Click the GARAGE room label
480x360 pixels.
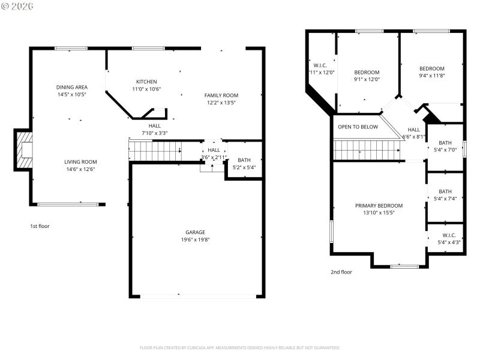(x=195, y=232)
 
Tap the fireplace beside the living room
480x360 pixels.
(x=24, y=150)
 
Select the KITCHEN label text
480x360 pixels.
(x=146, y=82)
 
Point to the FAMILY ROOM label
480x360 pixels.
(x=221, y=95)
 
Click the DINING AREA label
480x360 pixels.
(x=72, y=87)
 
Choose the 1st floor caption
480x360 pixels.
(x=40, y=226)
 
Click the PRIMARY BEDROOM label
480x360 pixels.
(x=379, y=205)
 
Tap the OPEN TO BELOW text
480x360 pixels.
(x=358, y=127)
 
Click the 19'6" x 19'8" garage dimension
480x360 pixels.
(x=195, y=239)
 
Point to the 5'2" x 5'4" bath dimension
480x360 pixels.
(x=244, y=167)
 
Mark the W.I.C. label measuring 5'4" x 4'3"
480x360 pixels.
(x=449, y=235)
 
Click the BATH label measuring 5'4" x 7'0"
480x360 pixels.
(x=445, y=142)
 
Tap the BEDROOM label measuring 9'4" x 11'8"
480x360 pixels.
(x=432, y=68)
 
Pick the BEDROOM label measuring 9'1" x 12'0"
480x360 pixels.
(x=367, y=72)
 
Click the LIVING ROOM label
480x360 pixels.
(x=80, y=162)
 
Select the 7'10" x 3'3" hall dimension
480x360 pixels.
(x=154, y=133)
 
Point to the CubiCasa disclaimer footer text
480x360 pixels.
(x=240, y=347)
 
